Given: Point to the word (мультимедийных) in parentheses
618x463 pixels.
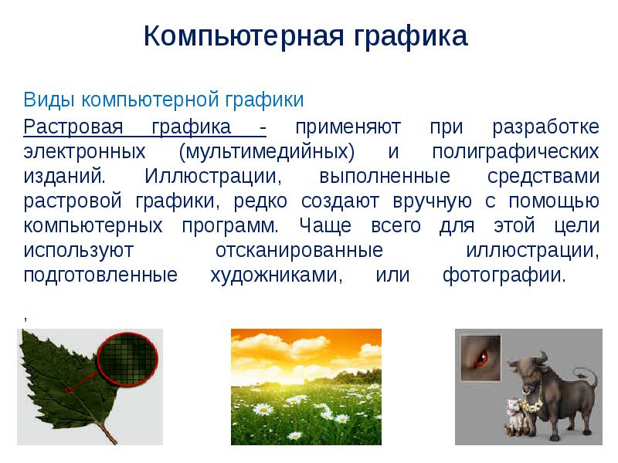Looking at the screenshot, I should click(x=266, y=150).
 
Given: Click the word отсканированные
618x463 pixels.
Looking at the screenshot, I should click(x=297, y=252).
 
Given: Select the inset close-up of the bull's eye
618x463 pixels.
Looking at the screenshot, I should click(x=480, y=356).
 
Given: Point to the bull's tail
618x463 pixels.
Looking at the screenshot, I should click(x=590, y=377).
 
